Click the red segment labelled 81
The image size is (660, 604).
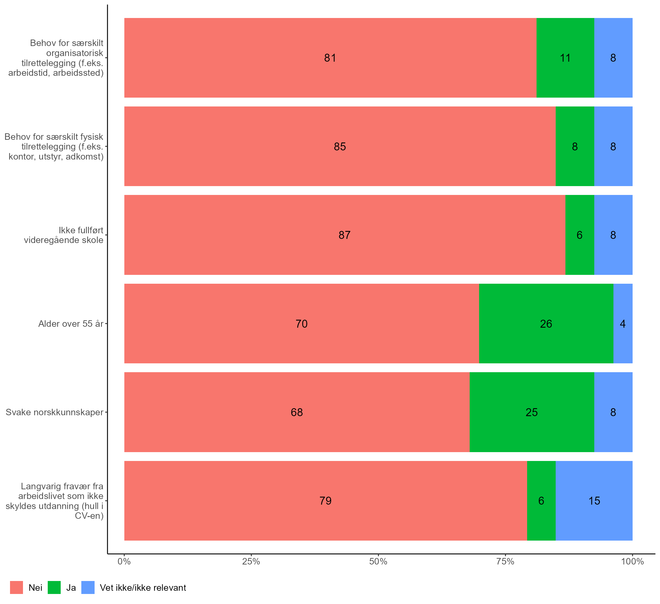pos(330,58)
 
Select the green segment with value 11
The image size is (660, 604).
pos(565,58)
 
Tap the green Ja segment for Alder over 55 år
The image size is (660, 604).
pos(546,324)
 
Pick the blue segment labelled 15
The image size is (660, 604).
pos(594,501)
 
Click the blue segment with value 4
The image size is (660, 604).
pos(623,324)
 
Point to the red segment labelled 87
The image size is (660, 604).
pos(344,235)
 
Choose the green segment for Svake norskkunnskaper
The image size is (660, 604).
pos(532,412)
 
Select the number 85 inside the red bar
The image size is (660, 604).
pos(340,147)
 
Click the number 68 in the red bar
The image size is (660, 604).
pos(297,412)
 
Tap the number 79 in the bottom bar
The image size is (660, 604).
pos(325,501)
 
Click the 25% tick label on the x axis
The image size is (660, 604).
pos(251,562)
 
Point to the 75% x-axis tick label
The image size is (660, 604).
pos(505,562)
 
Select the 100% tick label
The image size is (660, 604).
pos(632,562)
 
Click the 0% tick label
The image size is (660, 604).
pos(124,562)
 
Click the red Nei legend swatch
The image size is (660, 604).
pos(16,587)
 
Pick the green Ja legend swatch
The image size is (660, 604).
pos(54,587)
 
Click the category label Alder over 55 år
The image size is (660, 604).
pos(71,324)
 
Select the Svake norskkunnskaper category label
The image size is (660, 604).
pos(54,412)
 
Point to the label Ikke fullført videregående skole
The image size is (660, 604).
pos(64,235)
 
